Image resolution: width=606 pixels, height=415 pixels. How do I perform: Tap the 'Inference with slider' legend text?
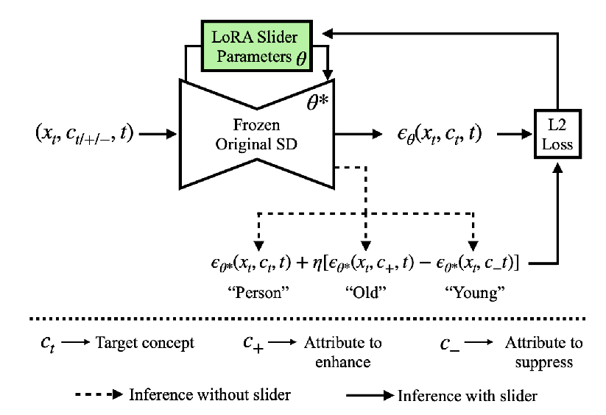pyautogui.click(x=468, y=395)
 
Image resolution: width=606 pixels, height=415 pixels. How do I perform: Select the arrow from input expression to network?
pyautogui.click(x=155, y=135)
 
